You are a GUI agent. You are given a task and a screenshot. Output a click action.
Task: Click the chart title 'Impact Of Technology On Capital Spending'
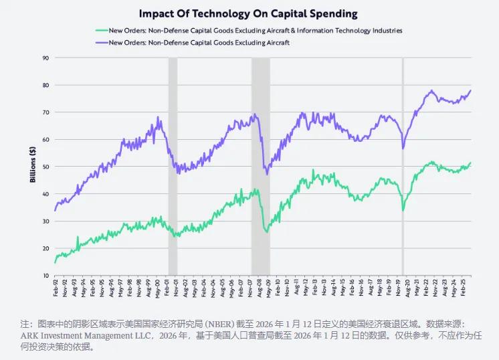(x=248, y=13)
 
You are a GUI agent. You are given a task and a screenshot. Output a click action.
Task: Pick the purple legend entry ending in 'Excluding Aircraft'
(x=200, y=42)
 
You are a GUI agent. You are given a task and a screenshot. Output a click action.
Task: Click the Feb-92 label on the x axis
(x=56, y=289)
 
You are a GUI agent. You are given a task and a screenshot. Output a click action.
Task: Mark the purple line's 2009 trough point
(x=268, y=175)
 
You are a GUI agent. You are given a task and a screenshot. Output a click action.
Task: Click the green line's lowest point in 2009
(x=267, y=232)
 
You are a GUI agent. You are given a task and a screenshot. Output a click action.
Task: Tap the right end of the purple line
(x=471, y=90)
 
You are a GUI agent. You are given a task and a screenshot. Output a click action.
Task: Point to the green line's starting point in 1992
(x=55, y=262)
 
